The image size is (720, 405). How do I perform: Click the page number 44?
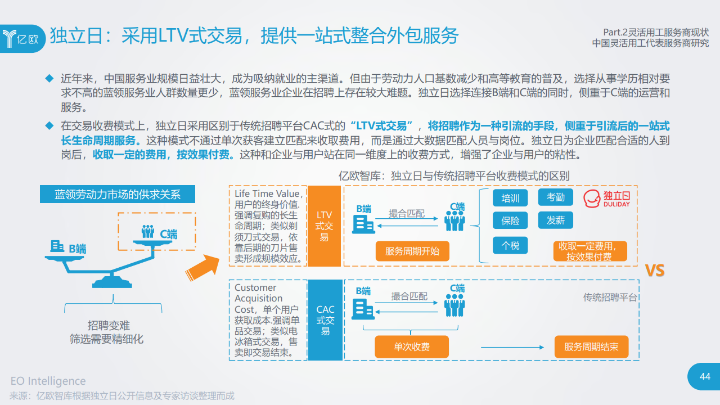point(705,376)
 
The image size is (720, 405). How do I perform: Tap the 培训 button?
point(510,198)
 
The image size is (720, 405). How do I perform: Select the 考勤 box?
point(555,197)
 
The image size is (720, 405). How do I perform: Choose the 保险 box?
point(510,220)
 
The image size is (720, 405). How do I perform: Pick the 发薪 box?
point(555,220)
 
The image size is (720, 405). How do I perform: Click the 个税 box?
point(510,245)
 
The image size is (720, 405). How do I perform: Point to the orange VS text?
point(654,271)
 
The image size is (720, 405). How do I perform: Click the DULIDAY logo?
point(606,199)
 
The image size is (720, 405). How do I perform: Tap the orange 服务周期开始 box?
point(412,251)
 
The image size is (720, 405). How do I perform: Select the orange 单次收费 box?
point(412,347)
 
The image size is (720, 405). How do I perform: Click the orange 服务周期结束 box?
point(591,347)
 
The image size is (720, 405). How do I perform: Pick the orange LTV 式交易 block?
point(325,226)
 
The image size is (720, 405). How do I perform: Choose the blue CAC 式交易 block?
point(325,320)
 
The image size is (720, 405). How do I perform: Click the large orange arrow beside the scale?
point(202,265)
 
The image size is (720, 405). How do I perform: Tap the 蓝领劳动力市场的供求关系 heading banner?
point(118,195)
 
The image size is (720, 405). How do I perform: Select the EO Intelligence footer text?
point(48,381)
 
